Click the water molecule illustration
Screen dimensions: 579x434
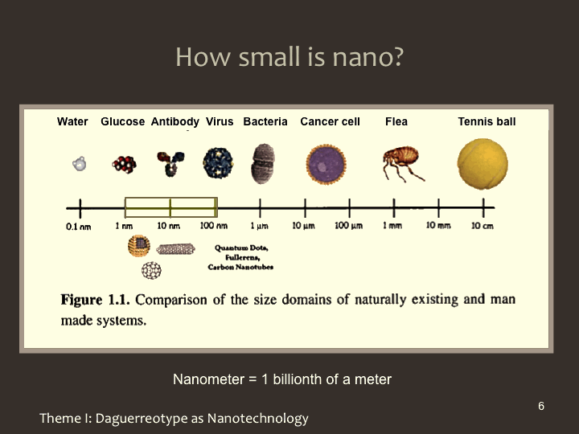pos(79,163)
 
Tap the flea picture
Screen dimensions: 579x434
pos(403,163)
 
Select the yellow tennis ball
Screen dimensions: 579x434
pos(482,164)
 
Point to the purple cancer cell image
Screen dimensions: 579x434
pos(326,165)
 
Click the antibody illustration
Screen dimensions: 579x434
pos(170,163)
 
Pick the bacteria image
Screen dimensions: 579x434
pos(262,163)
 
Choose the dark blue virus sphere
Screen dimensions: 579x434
pos(218,162)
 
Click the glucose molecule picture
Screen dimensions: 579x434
pos(124,164)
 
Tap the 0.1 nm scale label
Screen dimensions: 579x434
pos(78,227)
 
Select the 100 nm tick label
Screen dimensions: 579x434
pos(214,226)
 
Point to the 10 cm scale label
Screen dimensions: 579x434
pos(482,226)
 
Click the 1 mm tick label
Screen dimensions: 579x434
pos(392,226)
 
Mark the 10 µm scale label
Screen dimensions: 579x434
pos(303,226)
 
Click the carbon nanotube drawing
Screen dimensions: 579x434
pos(175,249)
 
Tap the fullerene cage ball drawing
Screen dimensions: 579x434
pos(151,270)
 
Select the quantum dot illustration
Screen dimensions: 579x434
pos(139,246)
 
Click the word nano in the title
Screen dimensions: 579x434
pos(368,57)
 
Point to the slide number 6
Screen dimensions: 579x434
pos(541,406)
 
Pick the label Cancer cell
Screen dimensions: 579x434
pos(330,121)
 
